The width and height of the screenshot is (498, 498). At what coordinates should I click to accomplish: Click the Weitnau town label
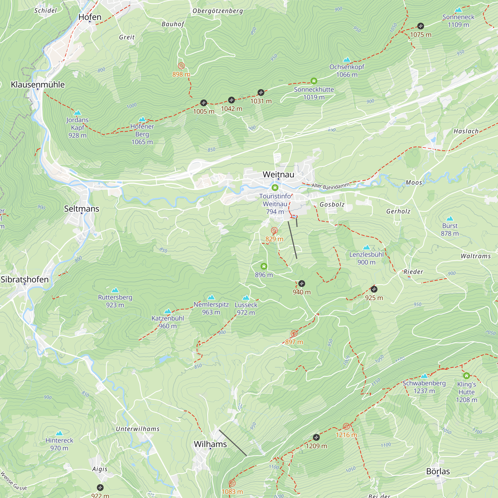(278, 175)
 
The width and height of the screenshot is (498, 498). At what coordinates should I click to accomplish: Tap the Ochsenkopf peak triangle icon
(347, 60)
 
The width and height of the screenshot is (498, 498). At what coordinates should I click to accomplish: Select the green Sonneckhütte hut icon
(314, 81)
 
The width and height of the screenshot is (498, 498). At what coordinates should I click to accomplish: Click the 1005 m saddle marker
(204, 103)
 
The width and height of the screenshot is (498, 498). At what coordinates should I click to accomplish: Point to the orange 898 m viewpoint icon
(181, 66)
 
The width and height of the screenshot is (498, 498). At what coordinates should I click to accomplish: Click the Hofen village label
(90, 17)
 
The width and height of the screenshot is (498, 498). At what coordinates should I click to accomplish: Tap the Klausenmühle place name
(38, 85)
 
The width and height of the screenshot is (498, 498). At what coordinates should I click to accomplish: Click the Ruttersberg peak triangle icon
(115, 290)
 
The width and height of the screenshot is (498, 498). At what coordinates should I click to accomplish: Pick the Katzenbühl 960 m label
(168, 322)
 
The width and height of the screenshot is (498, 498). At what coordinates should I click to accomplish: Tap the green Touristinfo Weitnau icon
(275, 187)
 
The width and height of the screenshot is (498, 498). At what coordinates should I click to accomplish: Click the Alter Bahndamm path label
(330, 186)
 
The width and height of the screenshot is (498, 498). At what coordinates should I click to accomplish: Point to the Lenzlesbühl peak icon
(366, 248)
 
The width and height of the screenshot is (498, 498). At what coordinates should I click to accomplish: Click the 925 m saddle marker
(374, 289)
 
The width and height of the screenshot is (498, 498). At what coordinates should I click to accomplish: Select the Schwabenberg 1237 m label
(424, 387)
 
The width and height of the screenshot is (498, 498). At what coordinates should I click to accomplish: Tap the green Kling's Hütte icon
(466, 375)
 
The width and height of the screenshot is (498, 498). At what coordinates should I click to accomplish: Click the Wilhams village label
(210, 444)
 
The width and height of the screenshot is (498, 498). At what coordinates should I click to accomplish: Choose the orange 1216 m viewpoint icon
(346, 426)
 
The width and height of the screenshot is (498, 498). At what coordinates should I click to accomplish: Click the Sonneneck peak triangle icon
(458, 10)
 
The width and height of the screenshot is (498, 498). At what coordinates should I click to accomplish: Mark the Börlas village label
(438, 471)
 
